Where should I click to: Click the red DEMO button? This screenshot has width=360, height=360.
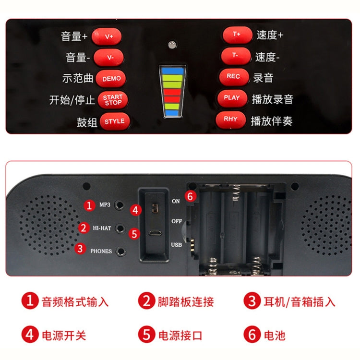[x=111, y=78]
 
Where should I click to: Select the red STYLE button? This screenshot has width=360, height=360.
[x=114, y=121]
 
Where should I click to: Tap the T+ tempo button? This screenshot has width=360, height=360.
[x=237, y=35]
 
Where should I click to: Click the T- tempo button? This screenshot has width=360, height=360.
[x=235, y=55]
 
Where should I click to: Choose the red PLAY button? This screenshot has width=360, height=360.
[x=232, y=97]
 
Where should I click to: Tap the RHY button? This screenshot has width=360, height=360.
[x=230, y=119]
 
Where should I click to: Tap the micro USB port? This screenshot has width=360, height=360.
[x=155, y=233]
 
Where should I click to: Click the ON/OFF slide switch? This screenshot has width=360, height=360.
[x=155, y=208]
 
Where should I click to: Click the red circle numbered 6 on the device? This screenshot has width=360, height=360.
[x=191, y=196]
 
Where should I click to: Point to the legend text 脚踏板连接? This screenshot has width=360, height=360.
[x=185, y=301]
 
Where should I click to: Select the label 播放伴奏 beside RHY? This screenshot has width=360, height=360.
[x=271, y=120]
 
